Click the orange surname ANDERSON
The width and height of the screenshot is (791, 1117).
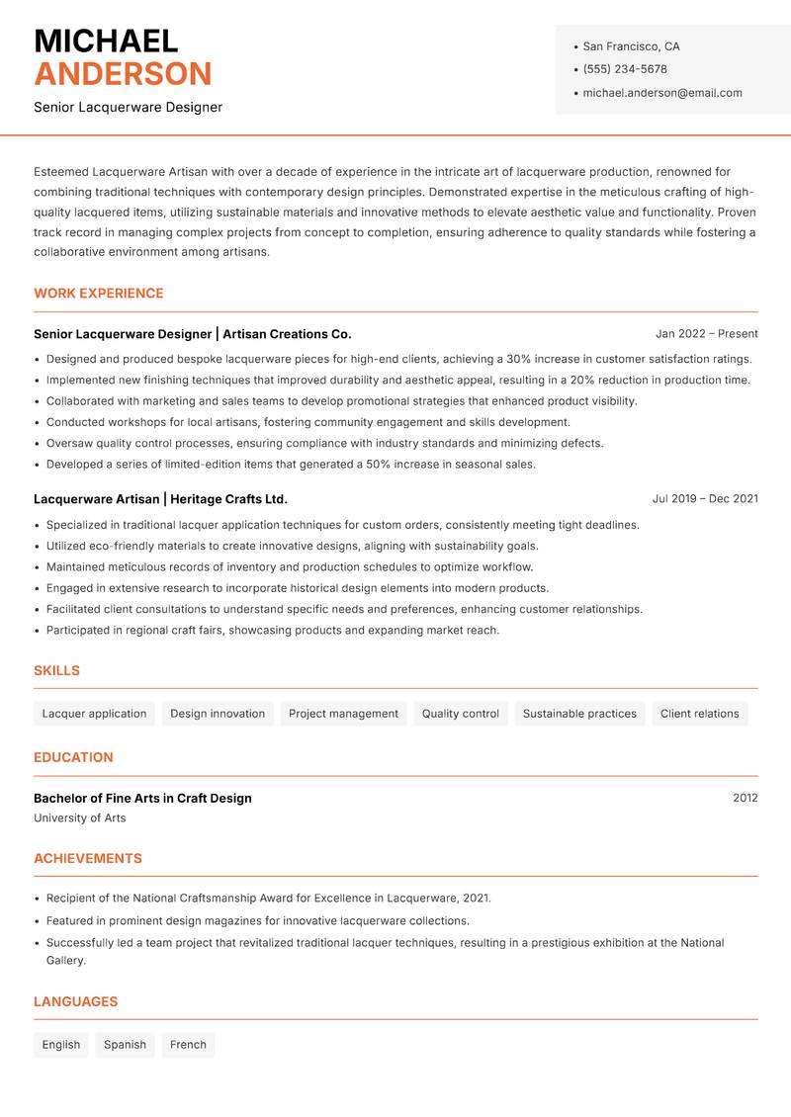click(123, 74)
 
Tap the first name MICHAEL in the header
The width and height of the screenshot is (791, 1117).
click(106, 42)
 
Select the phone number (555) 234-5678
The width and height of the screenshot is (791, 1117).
click(624, 69)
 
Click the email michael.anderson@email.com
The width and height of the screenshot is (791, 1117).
click(661, 93)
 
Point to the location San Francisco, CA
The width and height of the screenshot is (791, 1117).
click(631, 46)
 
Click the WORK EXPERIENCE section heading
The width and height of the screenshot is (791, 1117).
click(99, 294)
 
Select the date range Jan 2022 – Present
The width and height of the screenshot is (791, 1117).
click(706, 334)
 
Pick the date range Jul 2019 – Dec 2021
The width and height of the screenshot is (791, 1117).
click(705, 499)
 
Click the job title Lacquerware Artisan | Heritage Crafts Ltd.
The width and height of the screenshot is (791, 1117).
click(160, 499)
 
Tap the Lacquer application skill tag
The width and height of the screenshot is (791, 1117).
click(94, 714)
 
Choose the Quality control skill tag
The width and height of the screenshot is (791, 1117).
click(460, 714)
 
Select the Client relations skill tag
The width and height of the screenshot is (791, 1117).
click(699, 714)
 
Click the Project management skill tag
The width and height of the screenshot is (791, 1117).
click(343, 714)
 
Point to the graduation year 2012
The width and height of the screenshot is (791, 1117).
click(745, 798)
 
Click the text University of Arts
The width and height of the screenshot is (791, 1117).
click(80, 818)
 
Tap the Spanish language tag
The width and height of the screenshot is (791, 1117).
click(125, 1045)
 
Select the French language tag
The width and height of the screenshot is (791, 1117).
click(188, 1045)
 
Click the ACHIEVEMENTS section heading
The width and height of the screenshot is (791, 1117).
click(88, 859)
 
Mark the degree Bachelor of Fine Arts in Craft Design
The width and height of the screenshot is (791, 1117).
click(142, 798)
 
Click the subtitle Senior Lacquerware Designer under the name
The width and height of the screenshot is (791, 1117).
click(128, 107)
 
